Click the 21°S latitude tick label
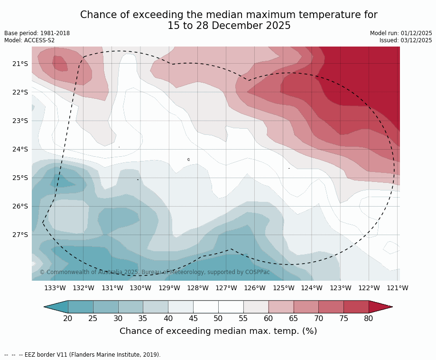point(20,64)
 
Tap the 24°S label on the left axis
point(20,149)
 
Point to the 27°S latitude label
point(20,235)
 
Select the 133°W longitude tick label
point(55,288)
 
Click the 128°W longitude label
point(198,288)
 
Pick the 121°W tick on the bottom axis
point(398,288)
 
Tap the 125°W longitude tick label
point(284,288)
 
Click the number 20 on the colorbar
point(68,318)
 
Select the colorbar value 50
point(218,318)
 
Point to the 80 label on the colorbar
point(369,318)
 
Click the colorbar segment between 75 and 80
point(356,307)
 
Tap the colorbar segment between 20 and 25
point(81,307)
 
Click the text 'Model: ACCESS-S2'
point(29,40)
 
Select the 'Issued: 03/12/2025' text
point(406,40)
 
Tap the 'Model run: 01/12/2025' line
point(401,33)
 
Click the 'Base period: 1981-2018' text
point(37,33)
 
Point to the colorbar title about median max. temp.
point(218,331)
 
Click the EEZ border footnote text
point(83,355)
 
